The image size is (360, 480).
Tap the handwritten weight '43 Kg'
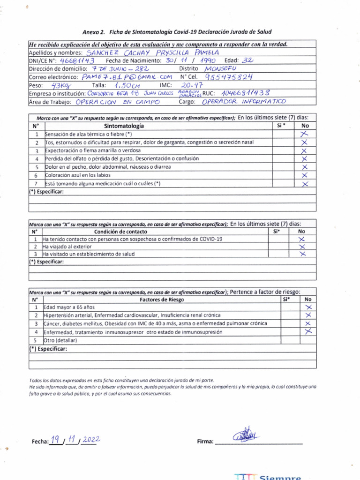click(x=60, y=85)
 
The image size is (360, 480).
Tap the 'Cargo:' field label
click(x=189, y=102)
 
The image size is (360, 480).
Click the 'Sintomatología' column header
click(x=124, y=126)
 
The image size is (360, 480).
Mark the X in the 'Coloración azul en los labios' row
click(x=305, y=175)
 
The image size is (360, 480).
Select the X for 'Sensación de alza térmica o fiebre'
click(x=305, y=134)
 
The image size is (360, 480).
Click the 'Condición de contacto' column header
click(x=120, y=232)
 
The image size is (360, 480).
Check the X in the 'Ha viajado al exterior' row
click(x=302, y=247)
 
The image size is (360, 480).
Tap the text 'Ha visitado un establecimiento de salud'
click(x=89, y=254)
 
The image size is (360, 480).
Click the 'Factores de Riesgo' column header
click(x=162, y=299)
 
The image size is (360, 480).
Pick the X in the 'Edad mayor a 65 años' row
click(x=308, y=307)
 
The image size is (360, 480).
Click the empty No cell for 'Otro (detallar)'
click(x=308, y=340)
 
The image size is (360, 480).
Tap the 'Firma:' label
click(x=206, y=442)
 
